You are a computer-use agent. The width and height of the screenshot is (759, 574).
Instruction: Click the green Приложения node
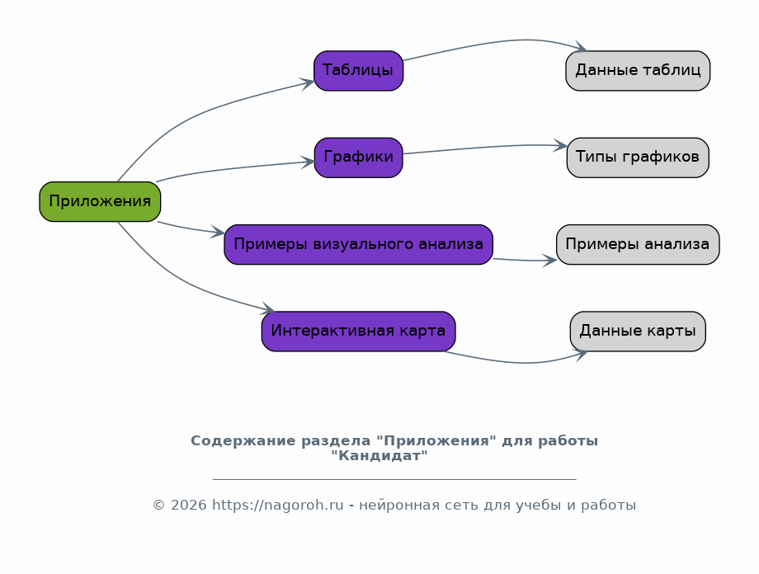[100, 202]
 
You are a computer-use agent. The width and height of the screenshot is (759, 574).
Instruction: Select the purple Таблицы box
[358, 71]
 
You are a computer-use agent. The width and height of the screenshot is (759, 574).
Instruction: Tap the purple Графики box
[358, 158]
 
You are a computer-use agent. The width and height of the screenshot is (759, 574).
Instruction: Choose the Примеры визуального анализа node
[358, 244]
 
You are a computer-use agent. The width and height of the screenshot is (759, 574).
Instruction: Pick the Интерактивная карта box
[358, 331]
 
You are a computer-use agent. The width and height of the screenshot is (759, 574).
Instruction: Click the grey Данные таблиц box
[638, 71]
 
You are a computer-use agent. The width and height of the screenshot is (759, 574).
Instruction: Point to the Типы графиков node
[638, 158]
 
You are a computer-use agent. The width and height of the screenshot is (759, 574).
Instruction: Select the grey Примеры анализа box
[638, 244]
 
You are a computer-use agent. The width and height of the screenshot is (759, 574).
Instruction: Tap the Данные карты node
[638, 331]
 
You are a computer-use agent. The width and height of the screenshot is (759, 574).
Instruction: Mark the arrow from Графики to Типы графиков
[484, 147]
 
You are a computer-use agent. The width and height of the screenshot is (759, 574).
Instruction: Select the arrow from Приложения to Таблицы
[194, 115]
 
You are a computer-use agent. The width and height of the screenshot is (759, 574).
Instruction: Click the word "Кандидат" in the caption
[379, 456]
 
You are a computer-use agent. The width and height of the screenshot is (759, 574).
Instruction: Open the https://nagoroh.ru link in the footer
[278, 506]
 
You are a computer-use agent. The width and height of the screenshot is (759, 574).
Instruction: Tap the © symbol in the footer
[159, 506]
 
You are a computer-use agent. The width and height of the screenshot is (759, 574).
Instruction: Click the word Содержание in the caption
[243, 441]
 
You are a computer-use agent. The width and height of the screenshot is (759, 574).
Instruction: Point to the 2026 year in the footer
[189, 506]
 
